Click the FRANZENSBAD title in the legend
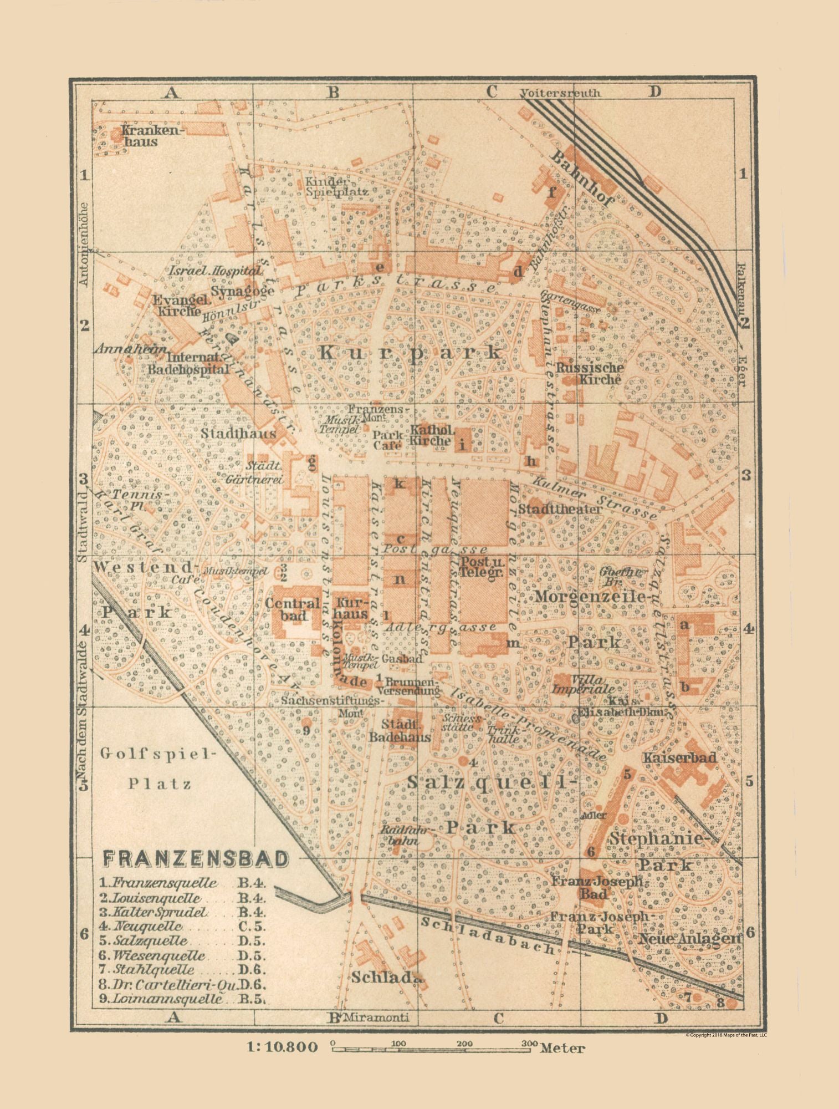(x=196, y=858)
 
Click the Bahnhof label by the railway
(x=582, y=179)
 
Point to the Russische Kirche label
(x=590, y=373)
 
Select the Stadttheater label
(x=560, y=508)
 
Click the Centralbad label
(x=293, y=608)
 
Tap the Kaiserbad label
(x=680, y=757)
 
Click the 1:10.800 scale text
(x=283, y=1047)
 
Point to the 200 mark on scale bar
(x=464, y=1043)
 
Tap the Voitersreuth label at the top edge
(x=561, y=93)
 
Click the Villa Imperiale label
(x=580, y=684)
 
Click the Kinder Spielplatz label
(x=328, y=187)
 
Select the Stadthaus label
(x=238, y=433)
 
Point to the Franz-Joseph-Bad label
(x=596, y=887)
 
